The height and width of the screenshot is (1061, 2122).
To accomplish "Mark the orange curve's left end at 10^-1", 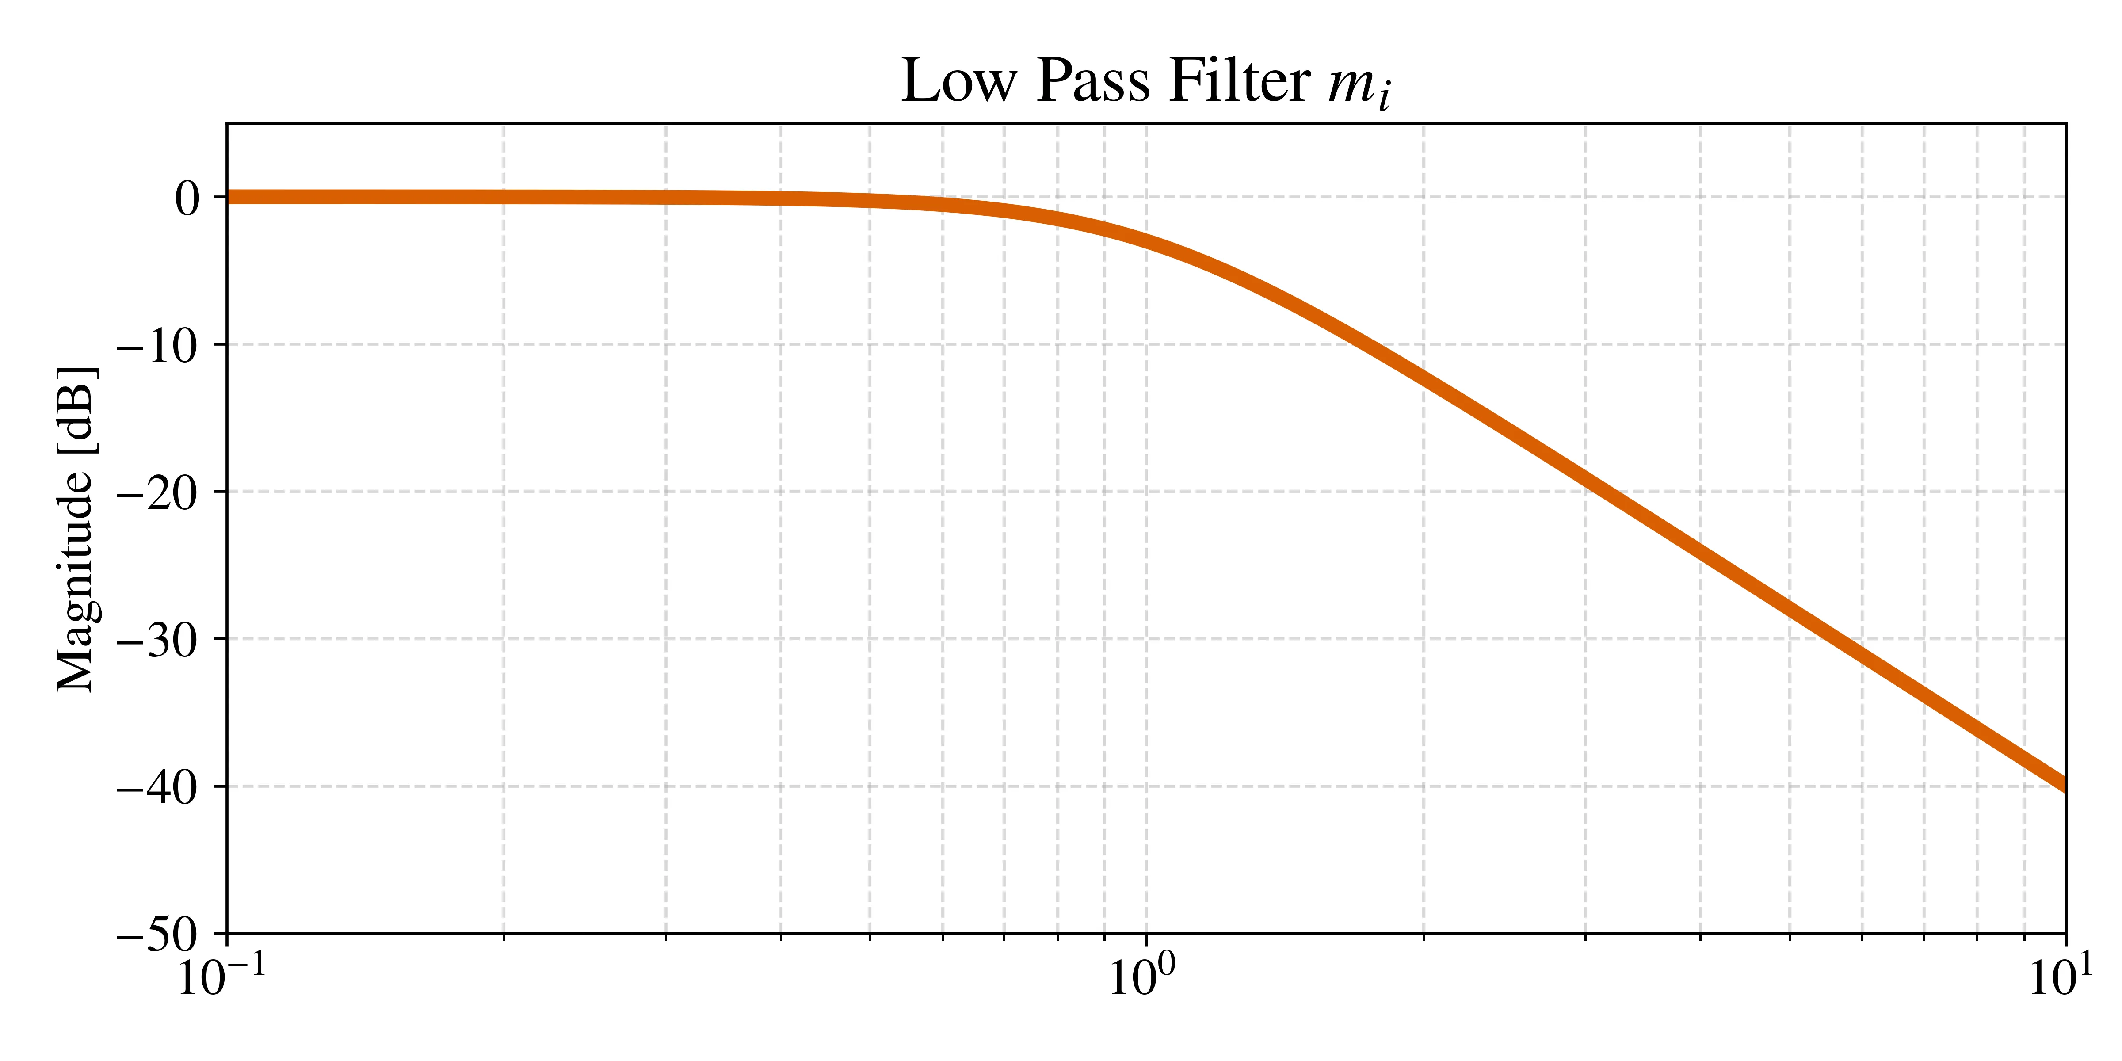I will (x=228, y=197).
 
